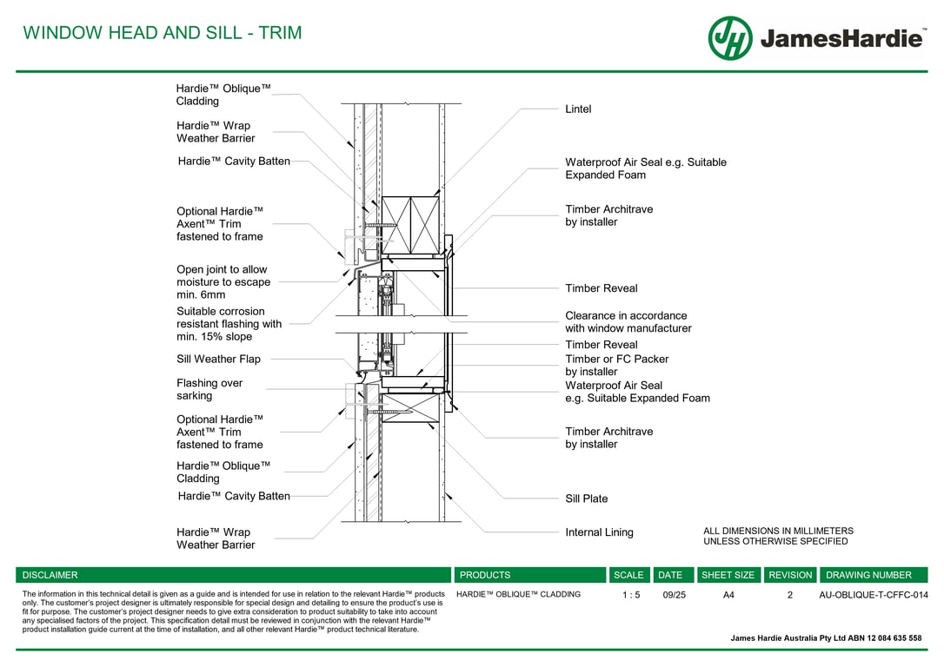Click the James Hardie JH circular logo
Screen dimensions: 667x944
click(730, 38)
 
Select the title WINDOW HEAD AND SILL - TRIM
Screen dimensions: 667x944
click(163, 33)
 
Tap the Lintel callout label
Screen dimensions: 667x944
click(578, 109)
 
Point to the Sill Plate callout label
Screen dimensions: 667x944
click(587, 499)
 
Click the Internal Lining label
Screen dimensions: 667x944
click(599, 532)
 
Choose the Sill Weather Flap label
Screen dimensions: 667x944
click(218, 359)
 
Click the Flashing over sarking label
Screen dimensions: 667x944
click(209, 389)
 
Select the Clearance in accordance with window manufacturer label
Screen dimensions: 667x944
click(628, 322)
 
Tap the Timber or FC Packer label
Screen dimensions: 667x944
click(616, 365)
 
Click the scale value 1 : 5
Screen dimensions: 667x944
click(631, 595)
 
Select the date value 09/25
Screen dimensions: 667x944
click(674, 595)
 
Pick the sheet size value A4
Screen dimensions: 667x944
click(728, 595)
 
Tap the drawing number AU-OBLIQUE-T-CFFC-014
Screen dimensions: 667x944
click(874, 595)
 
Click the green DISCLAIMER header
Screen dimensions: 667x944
click(50, 575)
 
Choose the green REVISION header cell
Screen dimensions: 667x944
click(790, 575)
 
